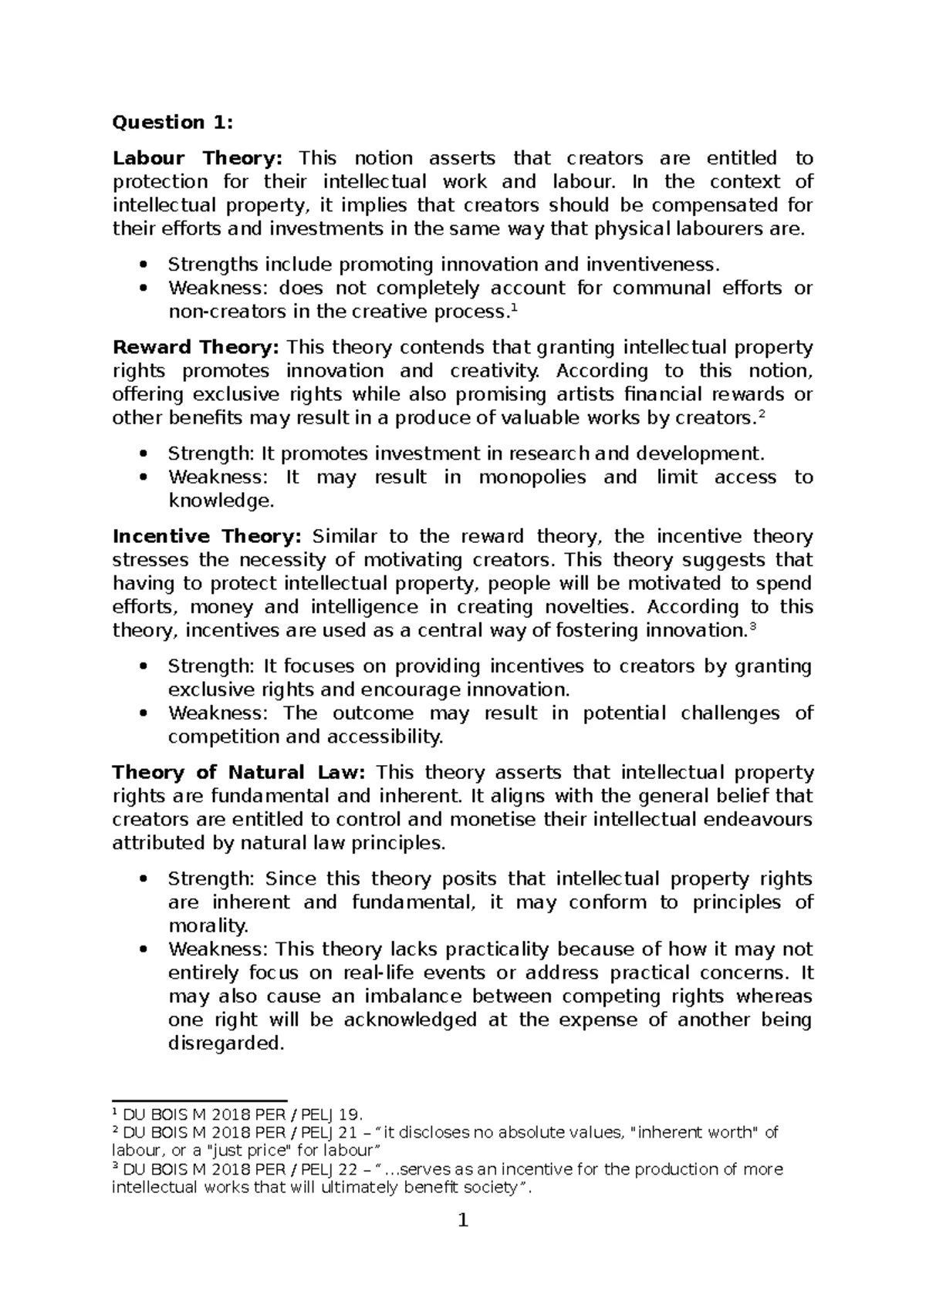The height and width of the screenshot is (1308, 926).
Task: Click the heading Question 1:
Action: click(x=171, y=122)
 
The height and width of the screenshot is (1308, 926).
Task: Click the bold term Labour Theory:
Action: click(x=198, y=158)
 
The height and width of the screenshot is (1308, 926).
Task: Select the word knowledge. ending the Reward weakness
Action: click(x=221, y=501)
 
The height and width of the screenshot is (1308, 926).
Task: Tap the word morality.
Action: click(x=208, y=925)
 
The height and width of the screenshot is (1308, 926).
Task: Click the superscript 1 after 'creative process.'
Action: click(x=515, y=307)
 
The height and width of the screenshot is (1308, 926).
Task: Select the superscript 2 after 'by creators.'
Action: click(x=762, y=413)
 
